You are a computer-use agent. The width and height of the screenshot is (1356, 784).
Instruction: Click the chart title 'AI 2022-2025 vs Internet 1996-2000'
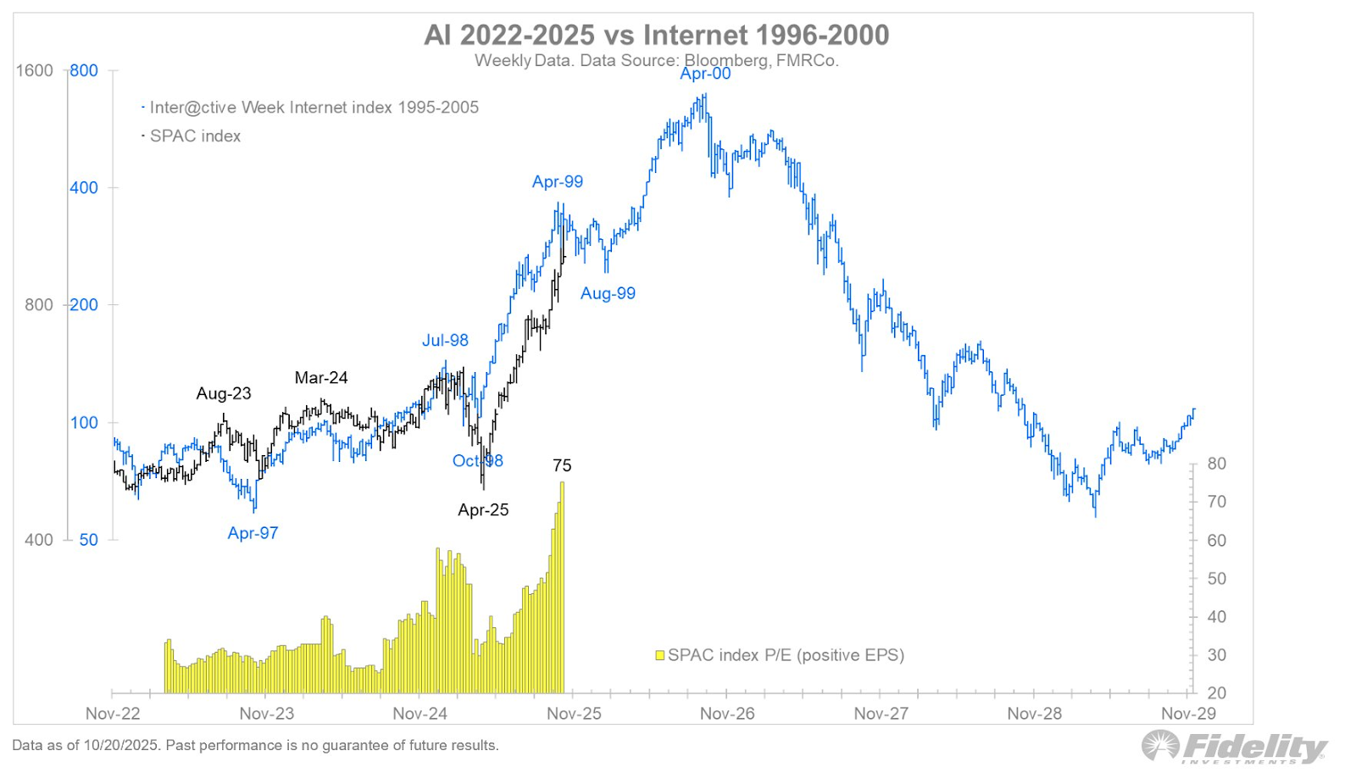[x=656, y=36]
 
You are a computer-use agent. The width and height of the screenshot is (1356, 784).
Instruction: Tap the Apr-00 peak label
[x=705, y=74]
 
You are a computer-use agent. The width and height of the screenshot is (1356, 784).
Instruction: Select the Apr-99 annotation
[x=557, y=181]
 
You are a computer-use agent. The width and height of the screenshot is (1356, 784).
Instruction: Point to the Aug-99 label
[x=608, y=293]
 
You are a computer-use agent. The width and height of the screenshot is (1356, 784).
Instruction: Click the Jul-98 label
[x=445, y=340]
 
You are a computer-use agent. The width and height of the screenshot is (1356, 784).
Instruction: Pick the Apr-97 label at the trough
[x=253, y=533]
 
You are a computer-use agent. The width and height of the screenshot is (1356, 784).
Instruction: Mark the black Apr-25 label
[x=483, y=509]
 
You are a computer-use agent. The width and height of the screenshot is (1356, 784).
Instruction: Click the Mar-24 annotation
[x=321, y=378]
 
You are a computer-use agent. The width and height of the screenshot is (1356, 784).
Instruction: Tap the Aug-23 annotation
[x=224, y=393]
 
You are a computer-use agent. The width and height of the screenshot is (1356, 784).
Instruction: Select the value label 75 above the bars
[x=562, y=465]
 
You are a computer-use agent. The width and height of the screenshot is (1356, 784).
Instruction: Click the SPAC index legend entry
[x=195, y=136]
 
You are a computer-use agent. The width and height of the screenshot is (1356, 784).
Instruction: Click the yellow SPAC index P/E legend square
[x=659, y=655]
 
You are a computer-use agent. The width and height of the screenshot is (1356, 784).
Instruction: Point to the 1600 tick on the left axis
[x=35, y=70]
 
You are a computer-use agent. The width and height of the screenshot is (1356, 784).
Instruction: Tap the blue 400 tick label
[x=84, y=187]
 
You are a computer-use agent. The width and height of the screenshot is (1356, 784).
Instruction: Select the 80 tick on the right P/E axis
[x=1216, y=464]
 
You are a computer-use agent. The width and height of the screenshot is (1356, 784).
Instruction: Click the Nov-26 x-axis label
[x=727, y=714]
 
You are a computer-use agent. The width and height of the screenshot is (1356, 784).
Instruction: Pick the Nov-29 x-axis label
[x=1188, y=714]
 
